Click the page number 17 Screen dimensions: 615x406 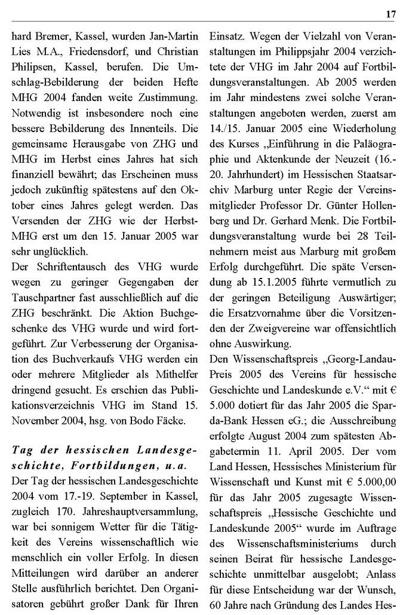coord(391,14)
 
